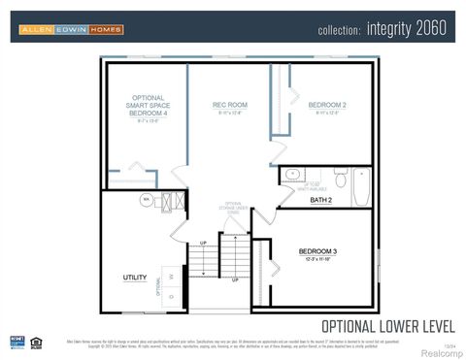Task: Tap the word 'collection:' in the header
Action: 339,30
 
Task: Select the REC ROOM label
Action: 230,104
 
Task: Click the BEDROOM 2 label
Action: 327,104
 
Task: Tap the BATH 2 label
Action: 321,200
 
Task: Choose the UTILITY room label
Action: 135,278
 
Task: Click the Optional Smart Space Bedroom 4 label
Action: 148,106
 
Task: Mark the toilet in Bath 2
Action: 340,179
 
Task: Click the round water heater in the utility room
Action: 147,200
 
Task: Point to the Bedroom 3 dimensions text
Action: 317,259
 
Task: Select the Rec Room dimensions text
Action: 230,114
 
